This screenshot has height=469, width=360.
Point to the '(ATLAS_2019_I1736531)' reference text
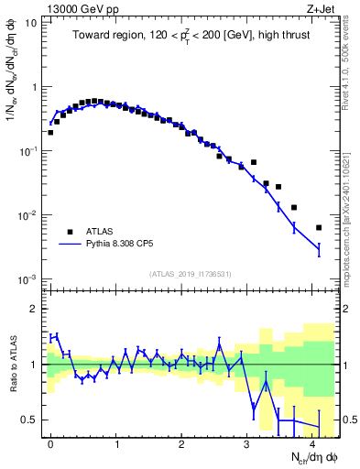(189, 275)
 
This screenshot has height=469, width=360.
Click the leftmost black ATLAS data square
(50, 132)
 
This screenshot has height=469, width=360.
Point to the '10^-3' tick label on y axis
(27, 278)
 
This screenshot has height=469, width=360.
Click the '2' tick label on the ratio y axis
(34, 309)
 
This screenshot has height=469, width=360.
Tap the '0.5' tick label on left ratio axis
(29, 420)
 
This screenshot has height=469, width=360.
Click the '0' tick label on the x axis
(50, 443)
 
